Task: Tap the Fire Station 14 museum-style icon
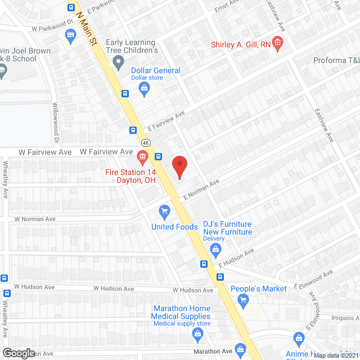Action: click(x=142, y=155)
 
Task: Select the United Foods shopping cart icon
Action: click(x=164, y=212)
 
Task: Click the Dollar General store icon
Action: click(x=145, y=88)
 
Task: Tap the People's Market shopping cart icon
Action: click(x=244, y=300)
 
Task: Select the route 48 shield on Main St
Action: click(x=145, y=142)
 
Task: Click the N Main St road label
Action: click(x=87, y=25)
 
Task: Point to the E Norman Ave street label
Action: click(x=201, y=189)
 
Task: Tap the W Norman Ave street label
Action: click(x=35, y=219)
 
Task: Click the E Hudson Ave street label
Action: click(x=237, y=258)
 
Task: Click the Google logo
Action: click(x=19, y=353)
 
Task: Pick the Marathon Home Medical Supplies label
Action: click(x=181, y=312)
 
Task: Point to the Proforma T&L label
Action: click(x=336, y=60)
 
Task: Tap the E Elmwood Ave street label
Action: click(x=314, y=280)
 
